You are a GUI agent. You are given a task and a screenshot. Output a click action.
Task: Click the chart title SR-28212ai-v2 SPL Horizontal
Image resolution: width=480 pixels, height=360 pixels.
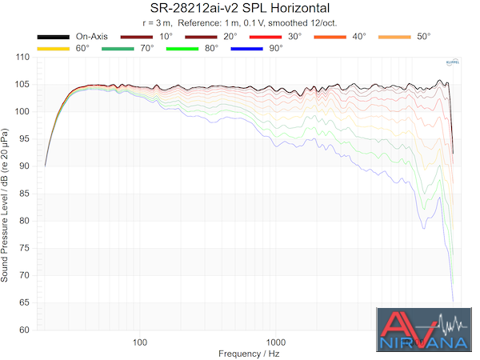tap(239, 8)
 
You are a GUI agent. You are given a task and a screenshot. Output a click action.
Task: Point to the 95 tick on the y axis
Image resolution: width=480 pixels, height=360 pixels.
tap(24, 139)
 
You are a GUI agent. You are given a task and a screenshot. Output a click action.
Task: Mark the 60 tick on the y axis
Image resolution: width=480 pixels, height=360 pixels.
tap(24, 330)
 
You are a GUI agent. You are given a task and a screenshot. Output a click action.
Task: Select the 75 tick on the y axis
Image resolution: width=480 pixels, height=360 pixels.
tap(24, 248)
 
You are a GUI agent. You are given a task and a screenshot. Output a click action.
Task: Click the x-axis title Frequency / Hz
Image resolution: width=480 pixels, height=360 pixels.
tap(249, 354)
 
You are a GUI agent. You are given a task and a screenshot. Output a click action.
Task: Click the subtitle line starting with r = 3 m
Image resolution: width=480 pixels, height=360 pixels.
tap(239, 22)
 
